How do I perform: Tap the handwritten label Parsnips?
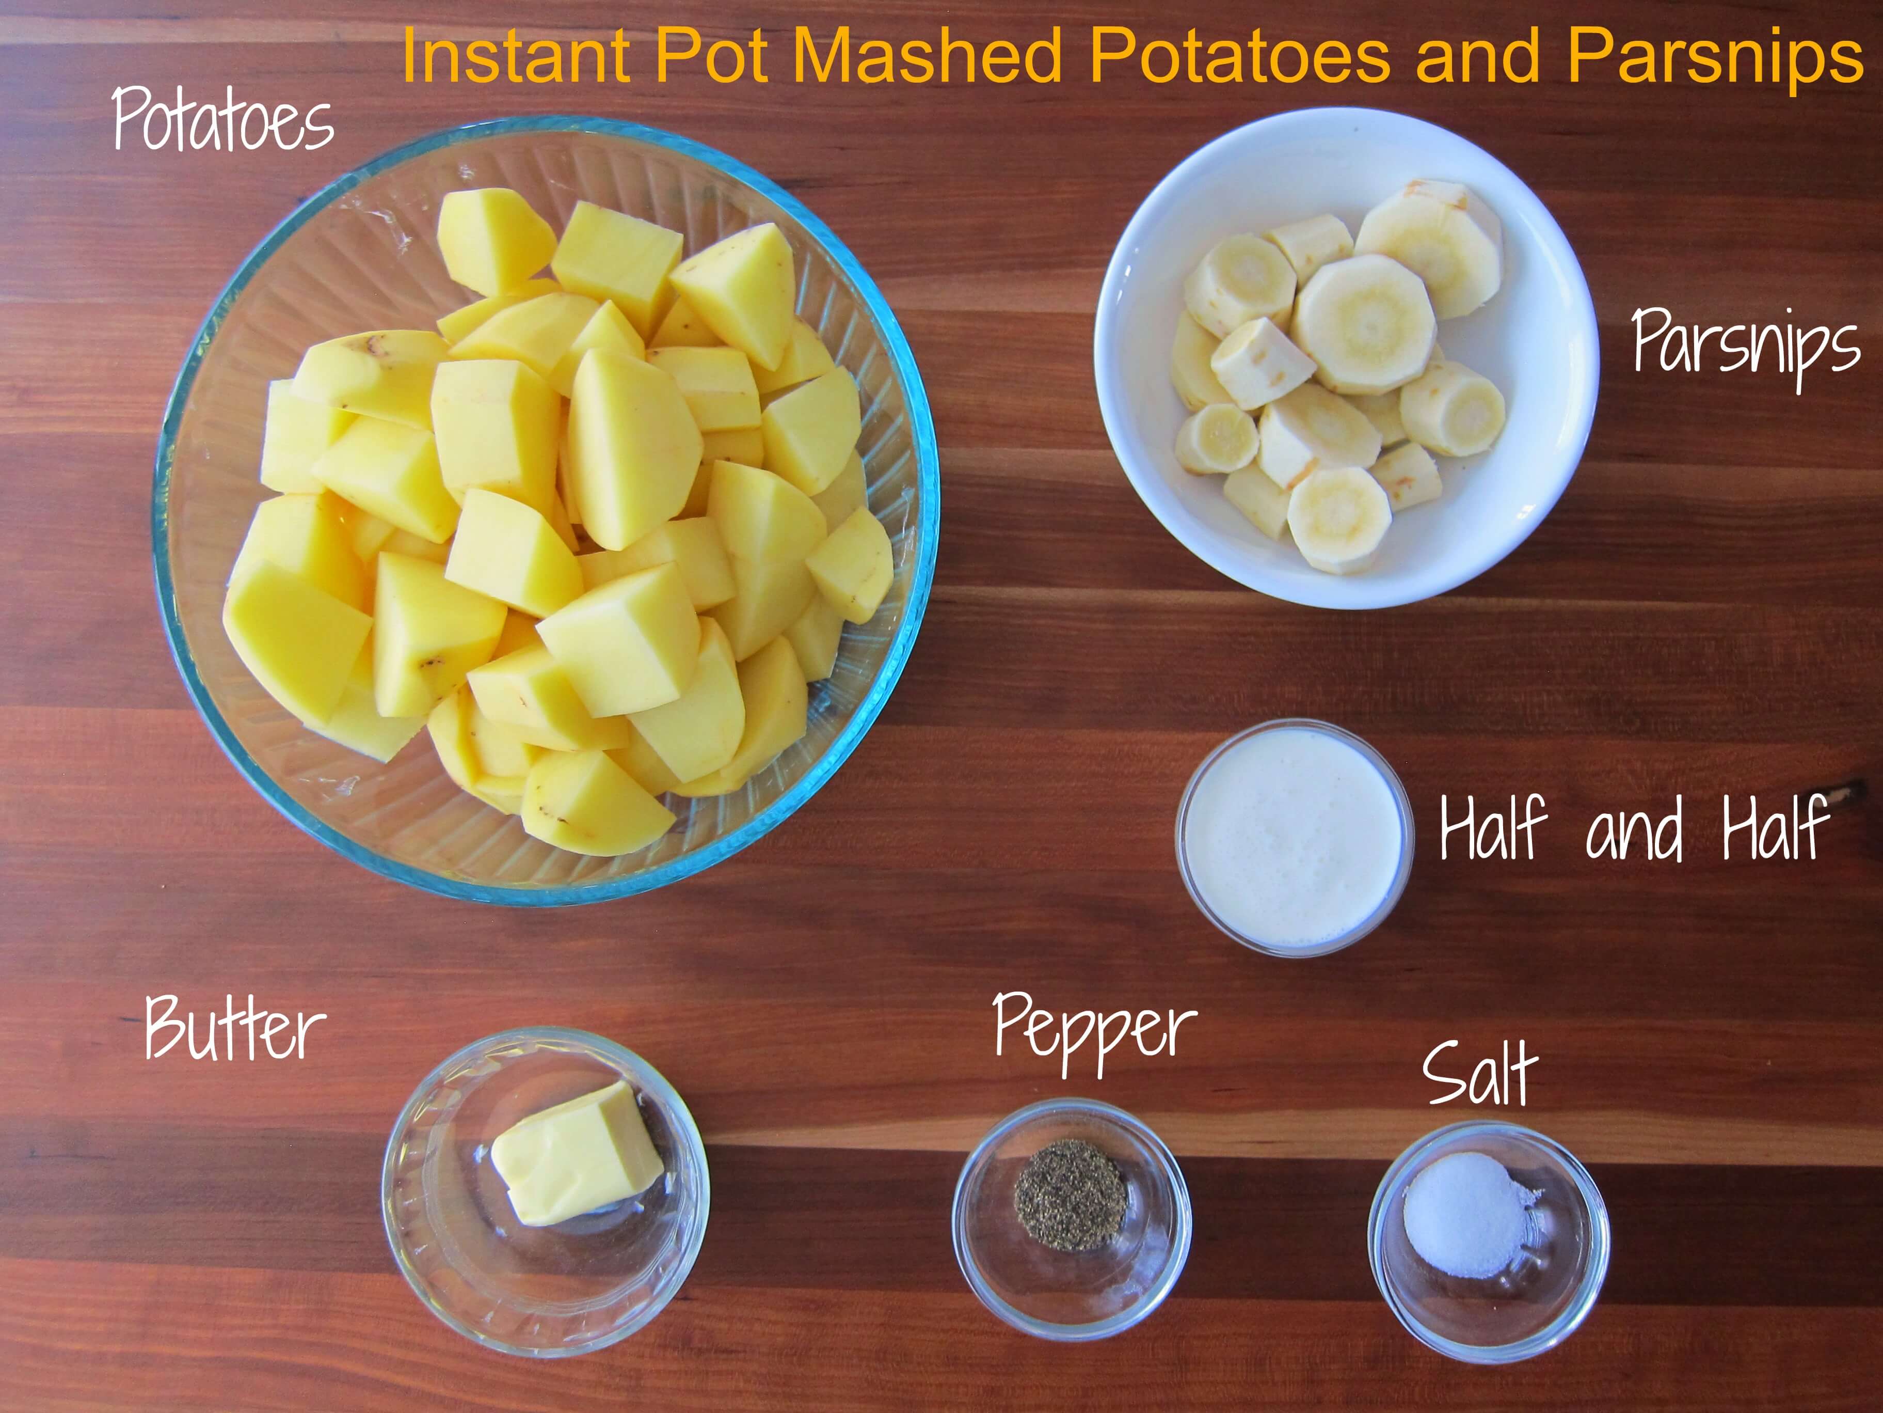click(x=1745, y=347)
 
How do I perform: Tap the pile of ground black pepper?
click(x=1072, y=1194)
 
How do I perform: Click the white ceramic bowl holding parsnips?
click(x=1346, y=358)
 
